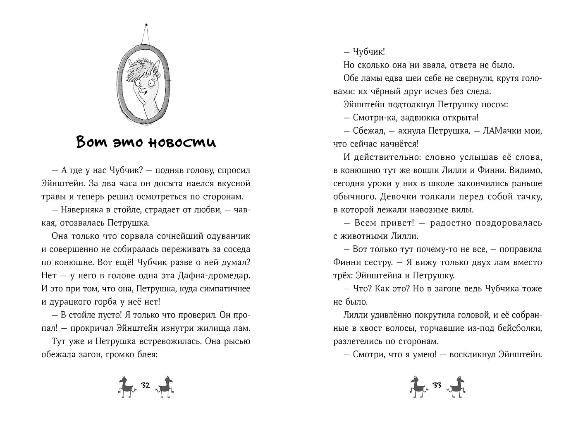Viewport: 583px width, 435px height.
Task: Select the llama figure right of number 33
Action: coord(457,387)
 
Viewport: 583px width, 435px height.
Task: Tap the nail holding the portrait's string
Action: coord(146,25)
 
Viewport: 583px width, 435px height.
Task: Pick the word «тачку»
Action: coord(528,197)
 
